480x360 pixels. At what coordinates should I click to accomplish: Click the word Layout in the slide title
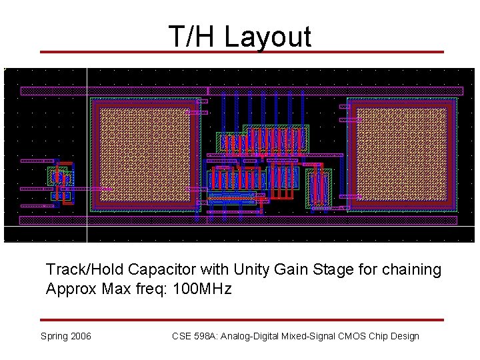[x=268, y=37]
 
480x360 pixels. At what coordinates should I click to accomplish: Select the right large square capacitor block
[x=402, y=155]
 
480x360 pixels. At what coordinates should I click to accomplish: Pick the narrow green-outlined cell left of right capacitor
[x=319, y=187]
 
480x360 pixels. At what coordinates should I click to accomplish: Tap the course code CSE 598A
[x=195, y=336]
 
